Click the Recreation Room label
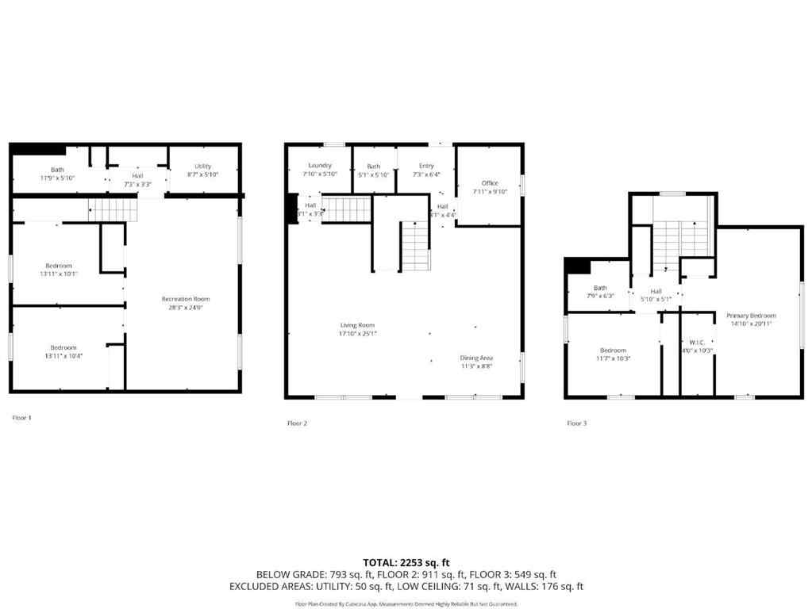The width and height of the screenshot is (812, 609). coord(186,299)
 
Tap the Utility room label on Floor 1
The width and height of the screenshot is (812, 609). coord(202,166)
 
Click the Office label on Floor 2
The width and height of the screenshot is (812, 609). coord(490,183)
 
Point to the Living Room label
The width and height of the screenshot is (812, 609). coord(358,325)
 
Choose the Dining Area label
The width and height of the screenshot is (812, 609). coord(476,358)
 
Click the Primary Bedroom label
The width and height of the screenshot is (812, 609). coord(751,316)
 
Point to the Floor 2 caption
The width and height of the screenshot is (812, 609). coord(297,423)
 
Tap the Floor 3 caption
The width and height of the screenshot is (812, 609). coord(576,423)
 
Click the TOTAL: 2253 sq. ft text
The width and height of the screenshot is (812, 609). coord(406,561)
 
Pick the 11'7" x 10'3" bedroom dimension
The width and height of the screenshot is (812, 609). coord(613,358)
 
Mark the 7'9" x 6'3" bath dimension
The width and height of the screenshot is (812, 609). coord(600,296)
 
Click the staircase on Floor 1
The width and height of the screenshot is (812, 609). coord(114,210)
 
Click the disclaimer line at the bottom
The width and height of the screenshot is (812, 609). coord(406,603)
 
